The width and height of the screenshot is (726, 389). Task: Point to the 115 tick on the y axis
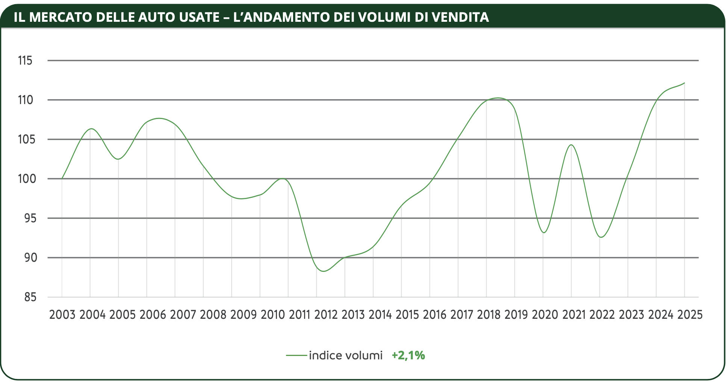(x=25, y=60)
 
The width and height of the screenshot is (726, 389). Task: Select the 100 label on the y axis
(x=27, y=179)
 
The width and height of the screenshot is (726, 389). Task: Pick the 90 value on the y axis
(x=30, y=258)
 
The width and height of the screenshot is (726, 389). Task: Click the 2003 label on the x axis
(x=62, y=315)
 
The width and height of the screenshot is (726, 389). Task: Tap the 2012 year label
(x=326, y=315)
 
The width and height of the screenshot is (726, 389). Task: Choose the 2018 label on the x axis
(x=489, y=315)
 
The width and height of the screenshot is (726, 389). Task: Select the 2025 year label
(x=690, y=315)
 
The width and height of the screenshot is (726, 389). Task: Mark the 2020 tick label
(x=545, y=315)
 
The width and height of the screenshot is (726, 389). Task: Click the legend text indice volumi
(x=346, y=355)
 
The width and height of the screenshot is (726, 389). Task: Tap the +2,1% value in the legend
(x=408, y=355)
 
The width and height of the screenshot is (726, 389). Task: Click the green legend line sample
(x=296, y=355)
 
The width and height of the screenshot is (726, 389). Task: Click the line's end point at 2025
(x=685, y=83)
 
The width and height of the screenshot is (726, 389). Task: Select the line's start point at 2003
(x=62, y=178)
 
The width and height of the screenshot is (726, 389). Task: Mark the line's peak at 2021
(x=571, y=145)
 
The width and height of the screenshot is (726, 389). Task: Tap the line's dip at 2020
(x=544, y=232)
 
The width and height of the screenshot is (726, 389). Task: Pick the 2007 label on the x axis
(x=183, y=315)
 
